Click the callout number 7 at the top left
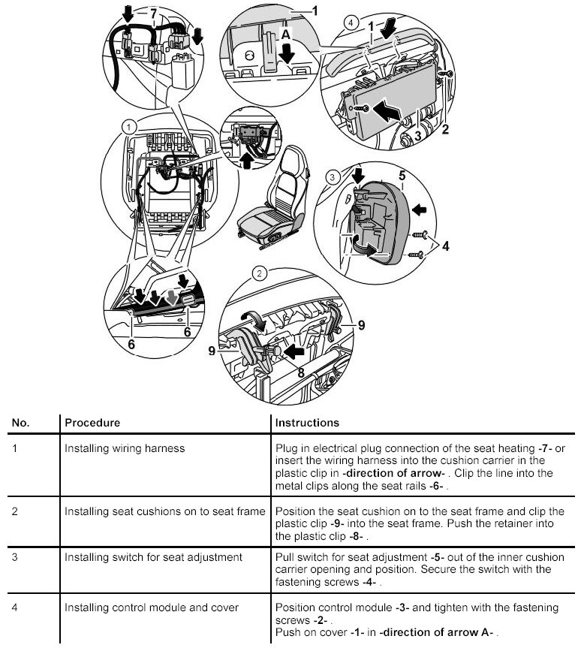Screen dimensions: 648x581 tap(155, 14)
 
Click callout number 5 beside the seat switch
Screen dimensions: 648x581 tap(402, 177)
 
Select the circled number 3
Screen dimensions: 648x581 tap(333, 178)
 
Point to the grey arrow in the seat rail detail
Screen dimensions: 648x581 tap(172, 297)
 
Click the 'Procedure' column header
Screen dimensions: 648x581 tap(92, 423)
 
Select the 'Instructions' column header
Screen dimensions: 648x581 tap(307, 423)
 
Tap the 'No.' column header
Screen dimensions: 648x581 tap(20, 423)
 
